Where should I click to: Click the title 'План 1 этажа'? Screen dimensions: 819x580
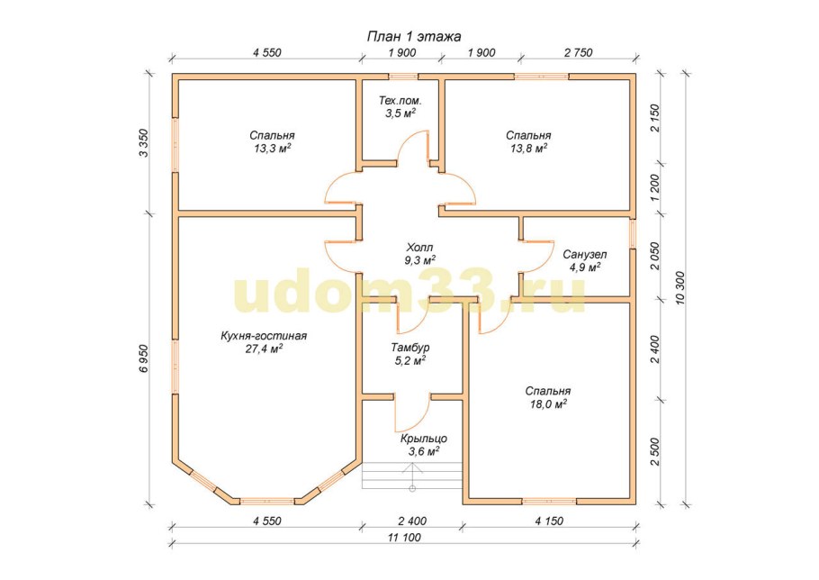coord(414,37)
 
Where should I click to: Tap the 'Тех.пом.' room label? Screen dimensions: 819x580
coord(400,100)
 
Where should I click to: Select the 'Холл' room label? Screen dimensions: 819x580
coord(419,247)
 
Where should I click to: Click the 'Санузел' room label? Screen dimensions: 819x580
coord(584,255)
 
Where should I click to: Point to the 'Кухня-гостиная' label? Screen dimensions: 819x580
coord(264,336)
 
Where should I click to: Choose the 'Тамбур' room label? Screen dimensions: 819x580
coord(410,348)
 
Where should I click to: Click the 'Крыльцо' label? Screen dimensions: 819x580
coord(424,439)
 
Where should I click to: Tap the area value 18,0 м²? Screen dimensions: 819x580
coord(548,403)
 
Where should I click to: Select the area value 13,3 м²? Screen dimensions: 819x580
coord(272,149)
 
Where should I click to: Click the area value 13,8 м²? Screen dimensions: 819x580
coord(528,149)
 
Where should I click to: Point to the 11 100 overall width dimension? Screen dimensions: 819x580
coord(404,537)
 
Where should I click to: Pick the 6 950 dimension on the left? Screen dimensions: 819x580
coord(144,358)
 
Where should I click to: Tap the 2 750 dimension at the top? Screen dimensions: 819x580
coord(578,53)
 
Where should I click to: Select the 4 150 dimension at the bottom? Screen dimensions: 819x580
coord(549,521)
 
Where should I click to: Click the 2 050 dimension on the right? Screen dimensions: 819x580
coord(655,256)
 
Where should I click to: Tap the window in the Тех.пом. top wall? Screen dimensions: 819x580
coord(402,77)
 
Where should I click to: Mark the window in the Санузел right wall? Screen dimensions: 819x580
coord(633,233)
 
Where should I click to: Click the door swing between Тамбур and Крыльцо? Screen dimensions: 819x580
coord(412,412)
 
